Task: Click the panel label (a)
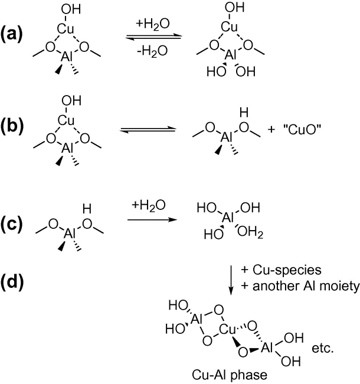pos(12,34)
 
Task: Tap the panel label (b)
pos(12,127)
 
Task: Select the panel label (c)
pos(12,224)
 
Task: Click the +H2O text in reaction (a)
pos(152,25)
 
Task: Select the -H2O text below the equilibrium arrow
pos(152,51)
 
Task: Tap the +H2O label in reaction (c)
pos(149,205)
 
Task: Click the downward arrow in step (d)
pos(231,280)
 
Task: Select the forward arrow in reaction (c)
pos(152,219)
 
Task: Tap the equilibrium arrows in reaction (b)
pos(148,130)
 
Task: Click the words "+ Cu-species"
pos(282,270)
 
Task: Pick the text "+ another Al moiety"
pos(300,286)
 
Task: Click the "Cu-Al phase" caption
pos(230,375)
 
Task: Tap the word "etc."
pos(323,348)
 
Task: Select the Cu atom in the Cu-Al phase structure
pos(227,329)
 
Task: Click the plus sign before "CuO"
pos(271,130)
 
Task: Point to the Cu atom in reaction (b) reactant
pos(66,120)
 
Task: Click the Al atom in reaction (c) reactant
pos(69,234)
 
